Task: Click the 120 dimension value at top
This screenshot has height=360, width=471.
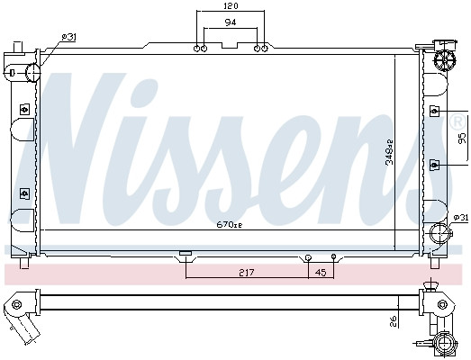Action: click(231, 6)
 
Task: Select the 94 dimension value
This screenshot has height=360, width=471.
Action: click(231, 22)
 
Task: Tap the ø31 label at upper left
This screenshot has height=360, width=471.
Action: click(68, 37)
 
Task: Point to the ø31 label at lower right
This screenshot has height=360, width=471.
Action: click(460, 218)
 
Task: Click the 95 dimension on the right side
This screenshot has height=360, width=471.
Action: click(462, 139)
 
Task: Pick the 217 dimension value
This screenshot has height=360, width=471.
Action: click(247, 273)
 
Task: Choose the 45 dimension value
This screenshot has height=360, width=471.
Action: click(321, 273)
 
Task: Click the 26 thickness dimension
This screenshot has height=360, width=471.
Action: click(394, 321)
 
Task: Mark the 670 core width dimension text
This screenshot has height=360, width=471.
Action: click(229, 225)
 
